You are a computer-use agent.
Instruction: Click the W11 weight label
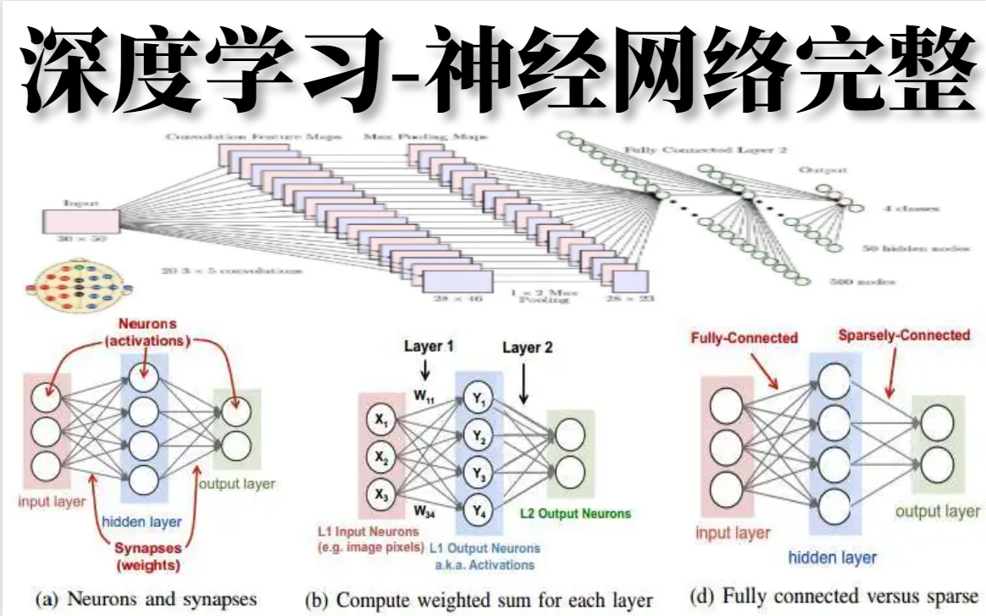click(x=426, y=395)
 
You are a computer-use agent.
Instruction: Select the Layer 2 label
click(x=526, y=347)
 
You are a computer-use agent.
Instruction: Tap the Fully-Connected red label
click(x=745, y=338)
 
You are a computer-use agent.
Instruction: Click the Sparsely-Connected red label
click(x=904, y=335)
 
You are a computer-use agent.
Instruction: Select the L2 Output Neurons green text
click(x=575, y=513)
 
